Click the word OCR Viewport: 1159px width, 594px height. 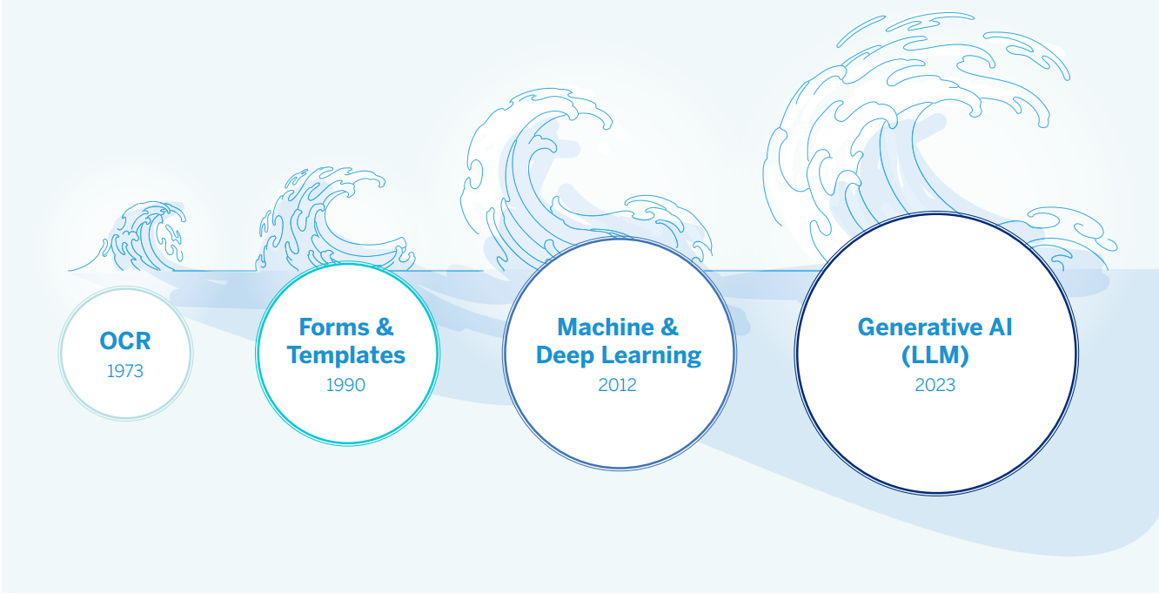tap(125, 341)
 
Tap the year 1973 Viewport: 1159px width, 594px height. tap(125, 371)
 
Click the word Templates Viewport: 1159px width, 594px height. tap(346, 355)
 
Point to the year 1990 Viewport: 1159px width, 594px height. tap(345, 384)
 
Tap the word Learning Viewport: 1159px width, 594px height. tap(649, 355)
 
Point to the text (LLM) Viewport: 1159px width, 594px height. tap(935, 355)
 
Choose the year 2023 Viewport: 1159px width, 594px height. tap(935, 384)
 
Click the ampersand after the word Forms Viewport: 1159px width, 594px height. tap(384, 327)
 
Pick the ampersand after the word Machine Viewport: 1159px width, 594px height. tap(668, 327)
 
